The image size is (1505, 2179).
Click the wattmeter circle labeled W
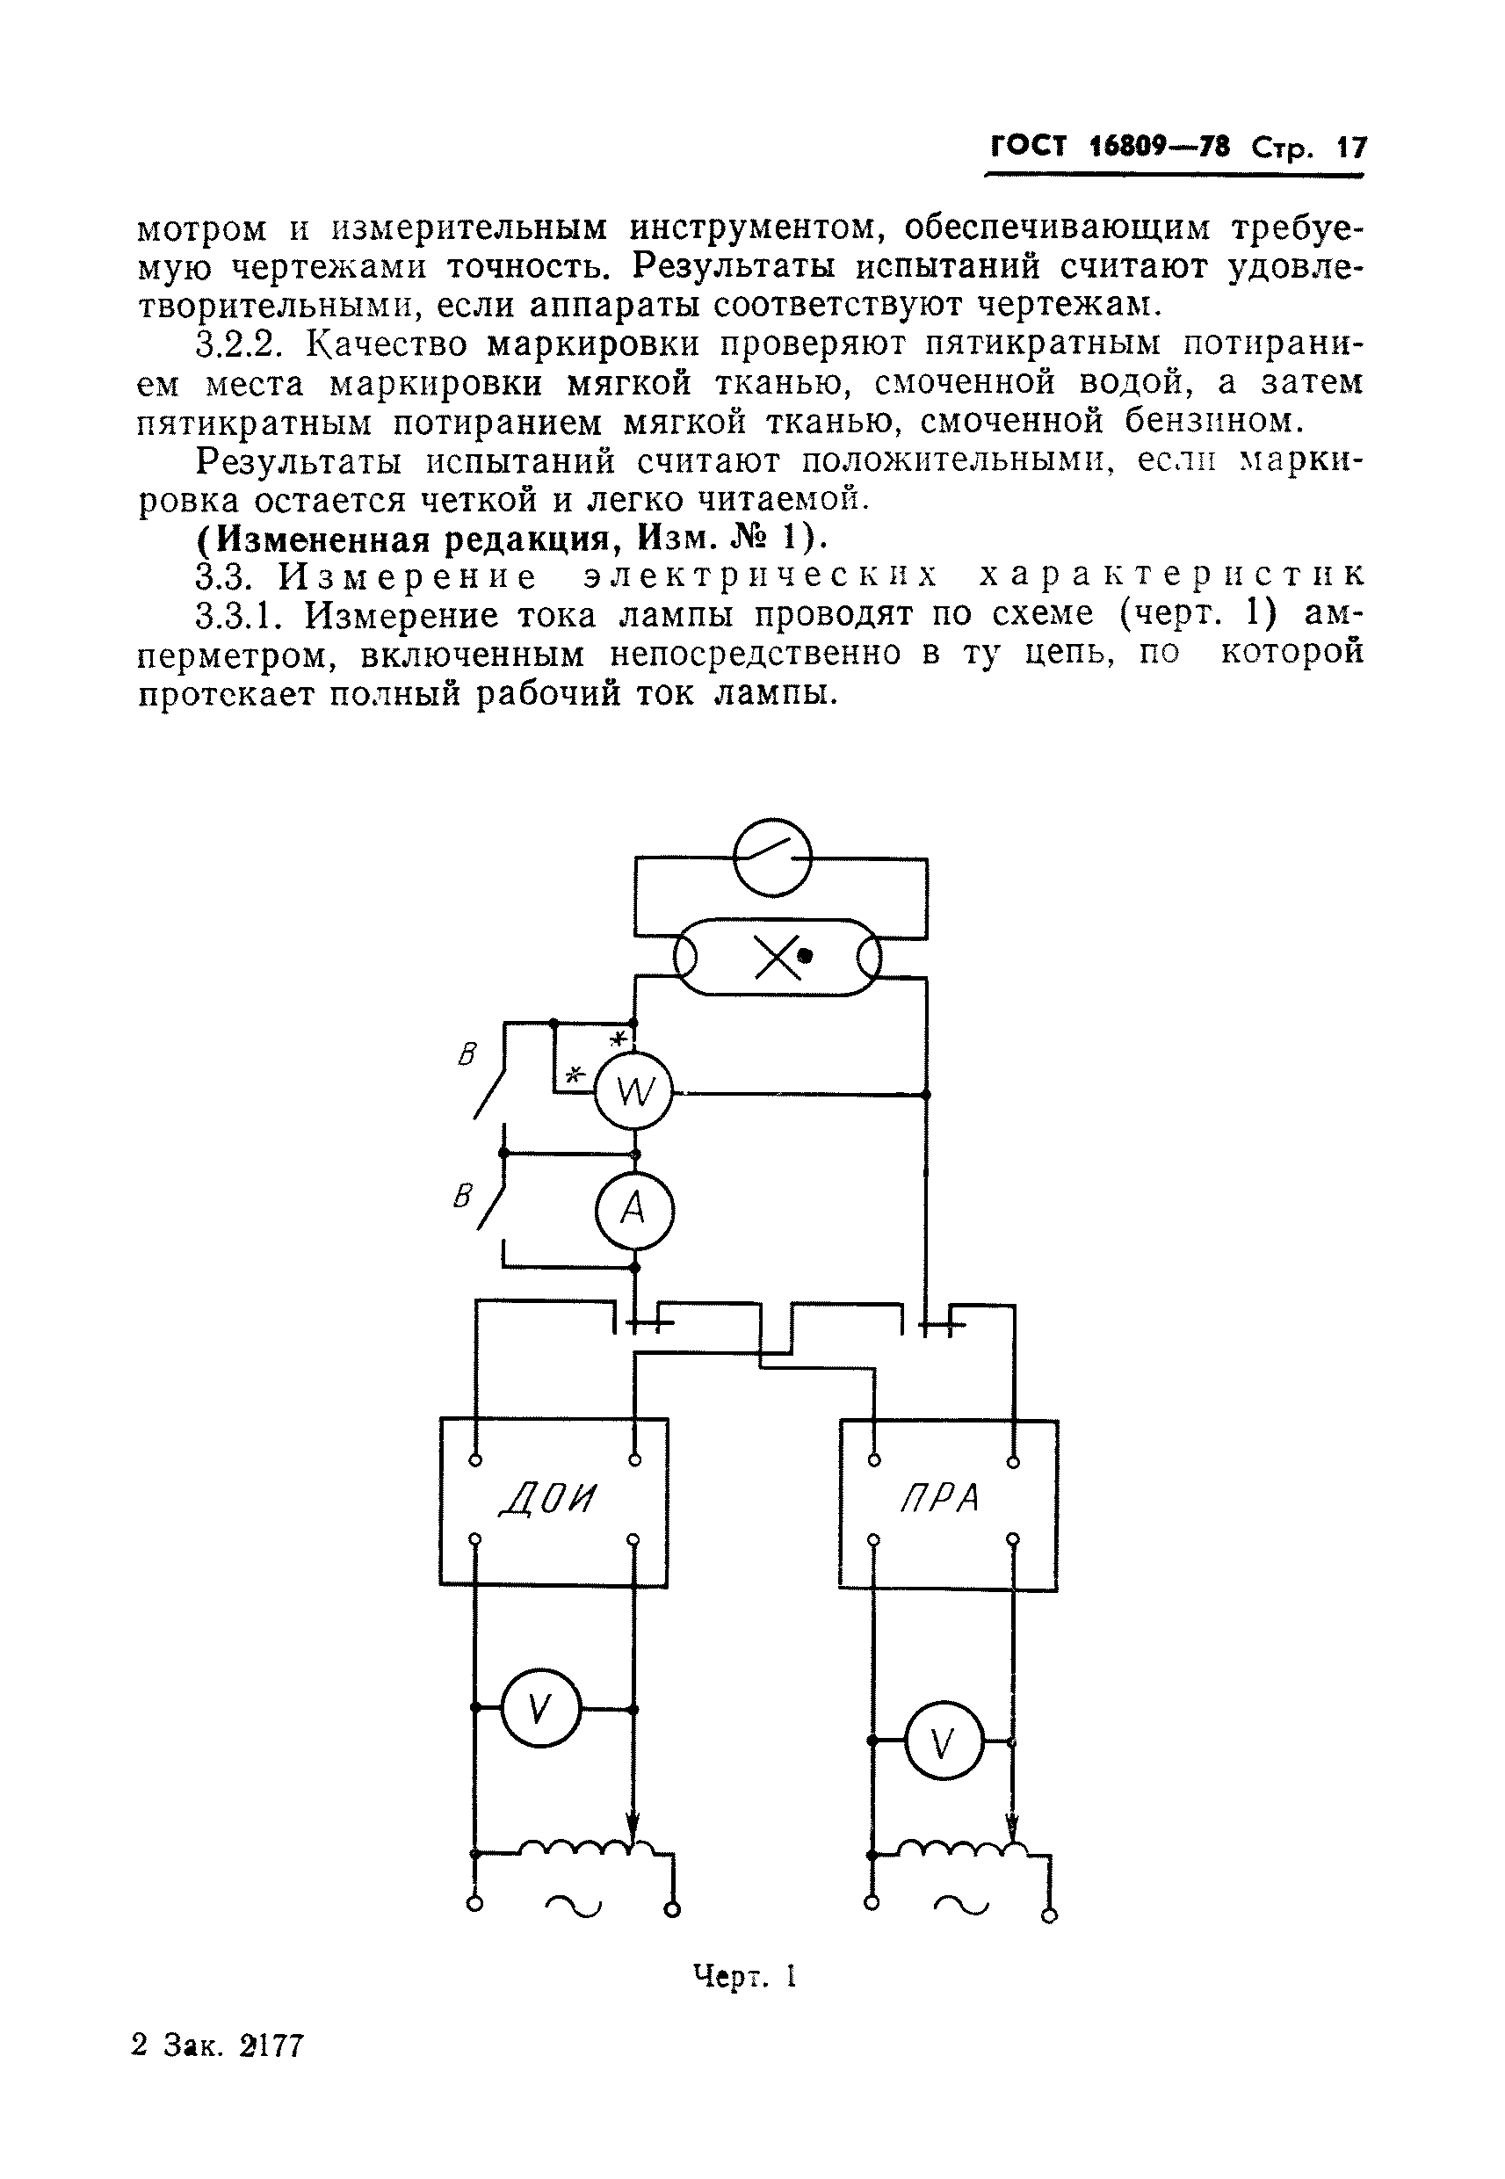pos(633,1093)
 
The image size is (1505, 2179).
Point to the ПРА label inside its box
pos(940,1499)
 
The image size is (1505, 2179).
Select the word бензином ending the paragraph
pos(1213,421)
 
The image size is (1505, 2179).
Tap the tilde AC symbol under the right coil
pos(961,1907)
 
